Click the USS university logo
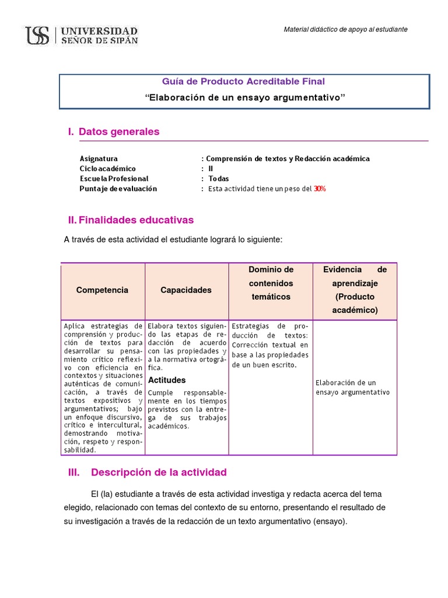[x=81, y=36]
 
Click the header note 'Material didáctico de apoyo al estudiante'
[x=345, y=29]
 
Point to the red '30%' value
[x=320, y=189]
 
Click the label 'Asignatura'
[x=99, y=159]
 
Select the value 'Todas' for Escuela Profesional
[x=219, y=179]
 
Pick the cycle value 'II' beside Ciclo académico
[x=211, y=169]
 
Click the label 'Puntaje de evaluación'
[x=118, y=189]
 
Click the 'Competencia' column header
[x=102, y=290]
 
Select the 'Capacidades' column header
[x=186, y=290]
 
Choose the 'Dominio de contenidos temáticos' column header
[x=271, y=283]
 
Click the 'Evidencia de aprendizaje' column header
[x=355, y=290]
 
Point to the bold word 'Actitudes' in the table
[x=166, y=380]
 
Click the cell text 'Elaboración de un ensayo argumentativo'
[x=352, y=388]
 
